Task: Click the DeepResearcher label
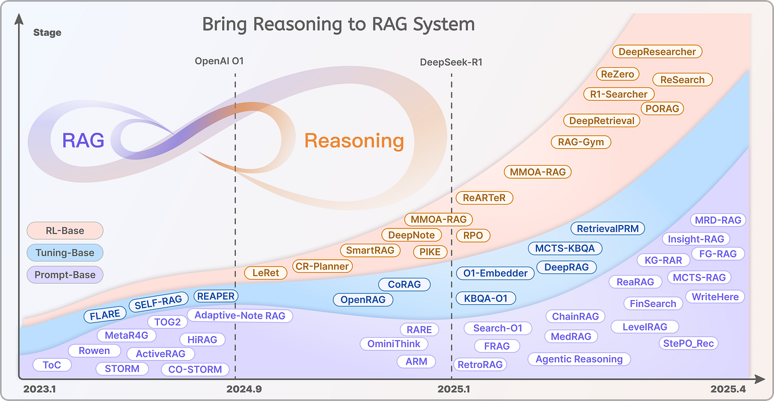tap(657, 52)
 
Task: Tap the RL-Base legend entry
tap(64, 231)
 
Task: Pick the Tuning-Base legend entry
tap(64, 253)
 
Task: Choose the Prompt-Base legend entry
tap(64, 275)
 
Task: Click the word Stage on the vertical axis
tap(47, 32)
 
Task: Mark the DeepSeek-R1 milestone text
tap(451, 62)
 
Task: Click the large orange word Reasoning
tap(354, 141)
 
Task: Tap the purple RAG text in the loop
tap(83, 140)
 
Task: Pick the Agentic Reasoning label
tap(579, 359)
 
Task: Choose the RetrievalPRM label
tap(608, 228)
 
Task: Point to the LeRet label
tap(266, 273)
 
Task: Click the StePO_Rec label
tap(688, 343)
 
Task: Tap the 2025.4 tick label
tap(727, 390)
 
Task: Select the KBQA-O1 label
tap(486, 298)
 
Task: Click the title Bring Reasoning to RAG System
tap(339, 24)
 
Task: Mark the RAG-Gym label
tap(581, 142)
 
